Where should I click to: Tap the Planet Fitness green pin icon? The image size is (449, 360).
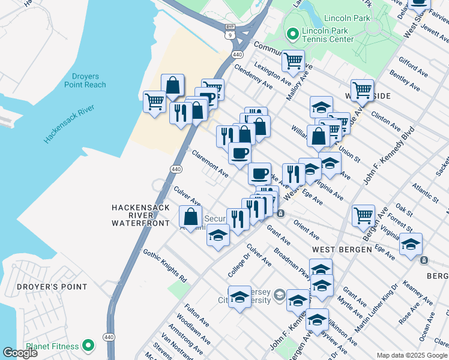coord(88,346)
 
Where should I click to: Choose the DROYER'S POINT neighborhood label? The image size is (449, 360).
coord(52,287)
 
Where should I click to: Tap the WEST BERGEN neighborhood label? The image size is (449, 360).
coord(336,248)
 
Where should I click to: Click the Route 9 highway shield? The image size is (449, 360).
coord(230,35)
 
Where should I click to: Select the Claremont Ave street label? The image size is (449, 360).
coord(209,163)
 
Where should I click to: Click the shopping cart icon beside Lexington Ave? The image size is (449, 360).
coord(292,60)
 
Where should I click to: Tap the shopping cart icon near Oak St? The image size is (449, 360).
coord(363,214)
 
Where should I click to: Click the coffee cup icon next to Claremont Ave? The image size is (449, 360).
coord(240,153)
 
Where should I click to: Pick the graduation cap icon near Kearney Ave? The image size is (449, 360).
coord(411,244)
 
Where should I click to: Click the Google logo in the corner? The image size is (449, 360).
coord(20,352)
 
